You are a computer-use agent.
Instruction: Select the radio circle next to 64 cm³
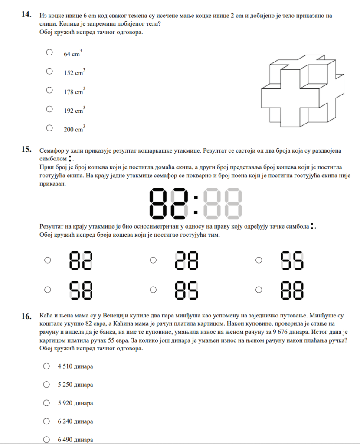click(x=49, y=52)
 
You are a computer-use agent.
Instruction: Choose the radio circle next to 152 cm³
click(x=49, y=71)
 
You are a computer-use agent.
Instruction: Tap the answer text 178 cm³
click(x=74, y=91)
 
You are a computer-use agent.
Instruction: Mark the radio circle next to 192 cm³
click(x=49, y=109)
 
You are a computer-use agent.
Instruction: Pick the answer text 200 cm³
click(x=74, y=129)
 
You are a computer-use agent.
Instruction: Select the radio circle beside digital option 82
click(x=48, y=260)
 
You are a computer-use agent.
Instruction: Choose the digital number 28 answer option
click(x=186, y=261)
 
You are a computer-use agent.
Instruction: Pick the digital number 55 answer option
click(x=292, y=261)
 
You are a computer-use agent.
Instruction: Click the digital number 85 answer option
click(x=186, y=290)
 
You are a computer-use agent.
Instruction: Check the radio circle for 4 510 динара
click(x=46, y=366)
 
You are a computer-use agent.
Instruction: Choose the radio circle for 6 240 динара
click(x=46, y=421)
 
